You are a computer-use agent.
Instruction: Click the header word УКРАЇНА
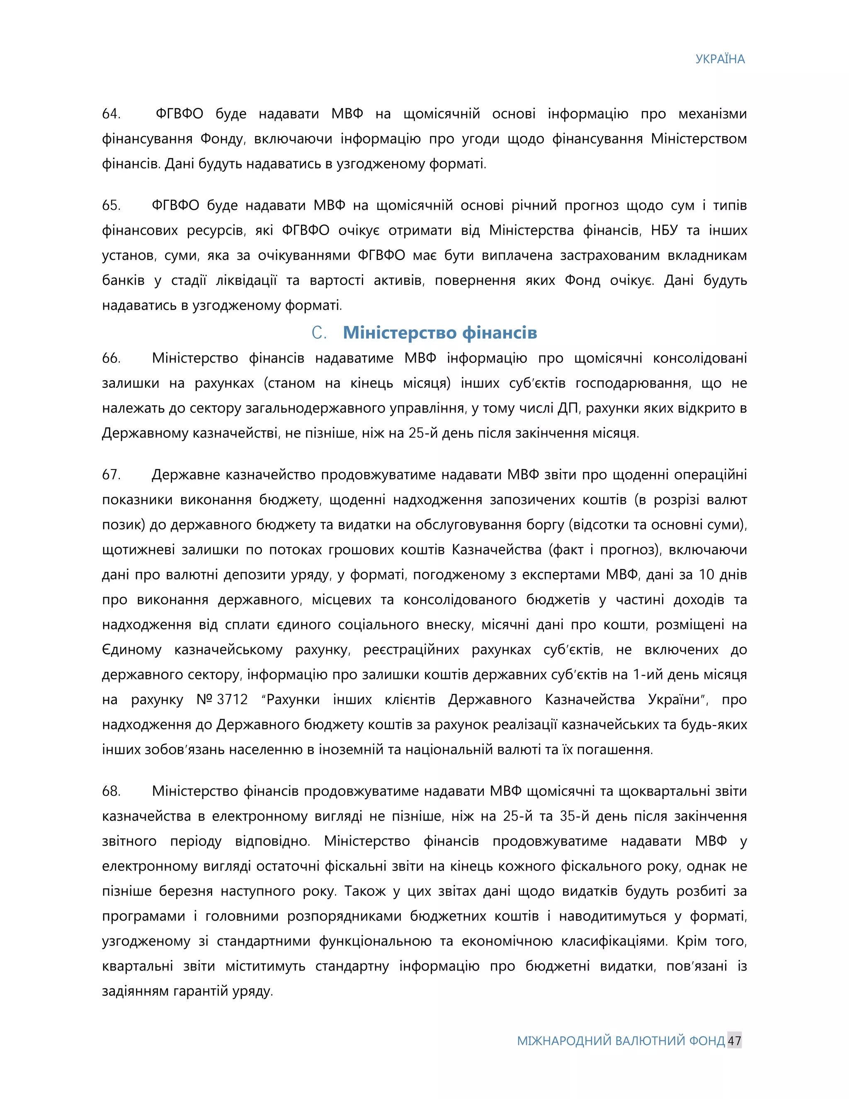[x=720, y=59]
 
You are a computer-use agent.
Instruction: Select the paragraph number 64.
[x=111, y=114]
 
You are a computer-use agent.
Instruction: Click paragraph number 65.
[x=111, y=205]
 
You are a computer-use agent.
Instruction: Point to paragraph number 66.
[x=111, y=358]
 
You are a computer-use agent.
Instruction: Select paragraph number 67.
[x=111, y=474]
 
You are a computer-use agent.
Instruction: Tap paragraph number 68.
[x=111, y=791]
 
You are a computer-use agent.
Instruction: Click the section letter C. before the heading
[x=319, y=333]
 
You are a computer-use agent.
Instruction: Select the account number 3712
[x=233, y=700]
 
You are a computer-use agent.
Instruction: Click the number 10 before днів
[x=706, y=575]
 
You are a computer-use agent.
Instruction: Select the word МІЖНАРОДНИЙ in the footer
[x=564, y=1041]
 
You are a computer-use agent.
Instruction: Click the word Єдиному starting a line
[x=131, y=649]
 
